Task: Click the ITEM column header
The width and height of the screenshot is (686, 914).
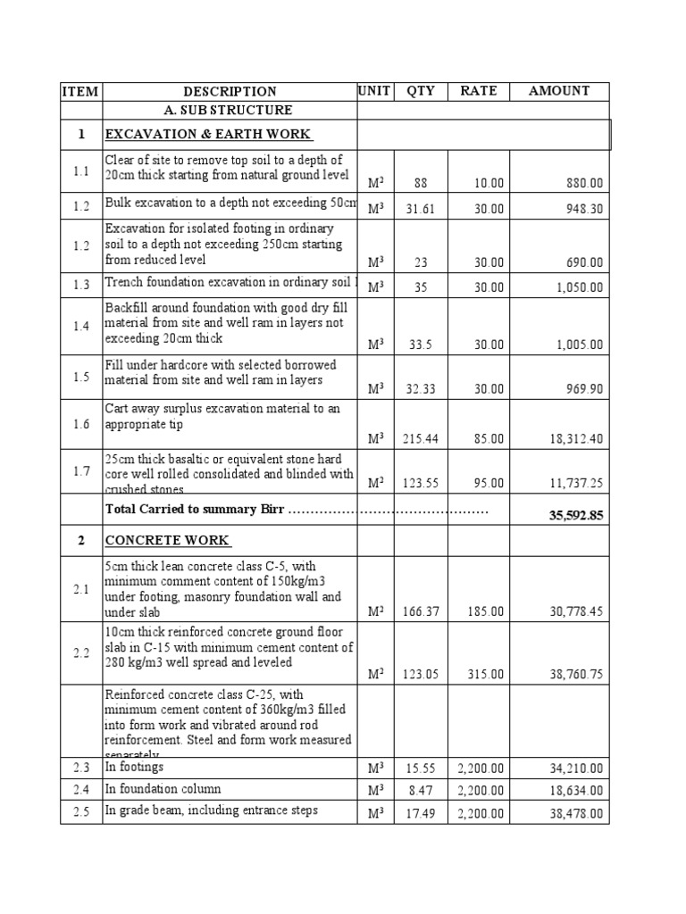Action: click(81, 91)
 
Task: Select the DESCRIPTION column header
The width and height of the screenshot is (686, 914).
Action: click(230, 91)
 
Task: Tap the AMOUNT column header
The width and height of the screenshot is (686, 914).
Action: click(559, 90)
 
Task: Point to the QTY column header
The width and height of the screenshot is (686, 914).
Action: click(420, 90)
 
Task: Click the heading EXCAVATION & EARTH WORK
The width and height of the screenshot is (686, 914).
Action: click(208, 134)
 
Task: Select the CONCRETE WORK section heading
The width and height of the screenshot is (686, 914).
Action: click(168, 540)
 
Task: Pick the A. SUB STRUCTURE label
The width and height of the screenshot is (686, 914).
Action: click(228, 110)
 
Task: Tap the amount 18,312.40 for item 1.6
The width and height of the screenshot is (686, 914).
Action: click(572, 438)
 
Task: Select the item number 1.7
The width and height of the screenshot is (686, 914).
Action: click(81, 471)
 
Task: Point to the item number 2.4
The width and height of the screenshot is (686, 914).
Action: click(81, 789)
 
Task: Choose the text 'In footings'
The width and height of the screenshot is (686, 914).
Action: click(135, 767)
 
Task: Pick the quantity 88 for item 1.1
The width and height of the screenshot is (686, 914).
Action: click(421, 183)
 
